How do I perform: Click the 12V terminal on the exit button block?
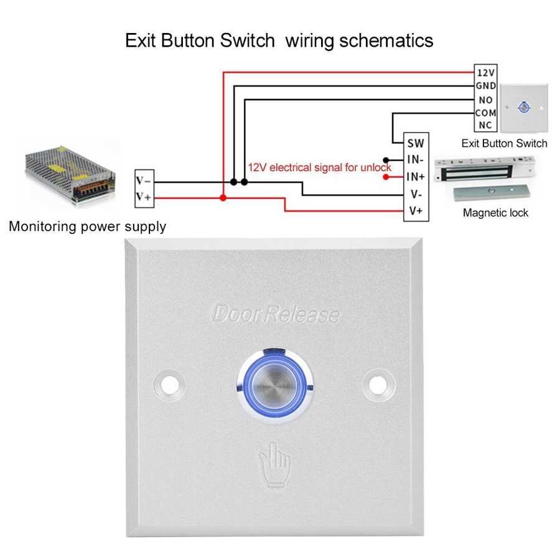tap(485, 72)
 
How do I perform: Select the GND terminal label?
tap(485, 86)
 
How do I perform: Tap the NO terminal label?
tap(485, 100)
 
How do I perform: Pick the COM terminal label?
tap(485, 113)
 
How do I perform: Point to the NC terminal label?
tap(485, 126)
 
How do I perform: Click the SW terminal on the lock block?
tap(416, 142)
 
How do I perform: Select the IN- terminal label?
tap(416, 160)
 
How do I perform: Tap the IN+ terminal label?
tap(416, 177)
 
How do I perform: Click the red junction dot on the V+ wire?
tap(223, 198)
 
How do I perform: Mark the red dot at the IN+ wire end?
tap(386, 177)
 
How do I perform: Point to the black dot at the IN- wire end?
tap(386, 160)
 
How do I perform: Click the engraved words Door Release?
tap(276, 315)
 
